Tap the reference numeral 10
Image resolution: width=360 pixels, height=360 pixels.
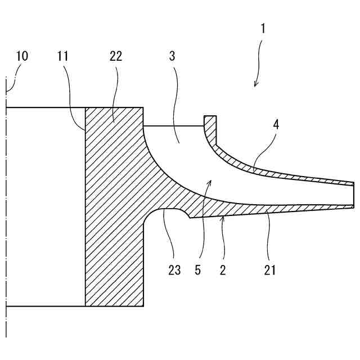pos(22,56)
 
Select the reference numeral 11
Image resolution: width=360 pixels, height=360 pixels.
pos(62,56)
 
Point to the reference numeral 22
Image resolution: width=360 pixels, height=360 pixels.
pos(116,56)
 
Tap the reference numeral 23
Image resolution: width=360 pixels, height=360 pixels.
pos(174,269)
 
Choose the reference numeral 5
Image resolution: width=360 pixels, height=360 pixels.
pos(197,269)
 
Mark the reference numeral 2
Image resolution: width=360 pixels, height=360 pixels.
pos(223,269)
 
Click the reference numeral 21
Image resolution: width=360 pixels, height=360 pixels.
pos(270,269)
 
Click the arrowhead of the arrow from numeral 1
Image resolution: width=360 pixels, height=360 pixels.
pos(255,86)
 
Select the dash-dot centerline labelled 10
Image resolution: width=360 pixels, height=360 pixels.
pos(7,225)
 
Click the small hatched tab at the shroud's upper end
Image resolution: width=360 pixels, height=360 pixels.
pos(210,122)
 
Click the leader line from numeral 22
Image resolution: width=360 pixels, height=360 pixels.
pos(115,90)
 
